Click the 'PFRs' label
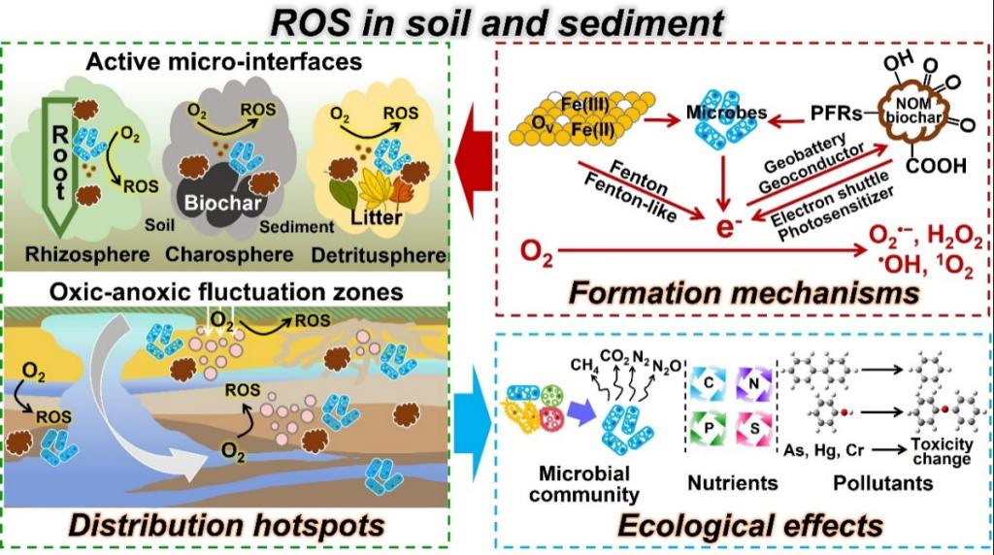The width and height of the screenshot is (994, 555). (836, 114)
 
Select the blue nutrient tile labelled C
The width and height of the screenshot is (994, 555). (710, 384)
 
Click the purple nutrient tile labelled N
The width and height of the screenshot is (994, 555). (753, 384)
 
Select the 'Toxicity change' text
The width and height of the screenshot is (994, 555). (941, 450)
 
